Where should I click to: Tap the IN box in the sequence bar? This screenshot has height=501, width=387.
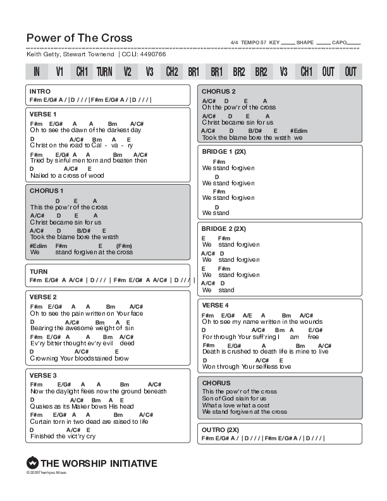[37, 71]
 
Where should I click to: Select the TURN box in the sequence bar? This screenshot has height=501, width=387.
[104, 71]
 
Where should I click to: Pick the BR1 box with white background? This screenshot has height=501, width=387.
[194, 71]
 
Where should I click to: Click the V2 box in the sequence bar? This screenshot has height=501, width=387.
[127, 71]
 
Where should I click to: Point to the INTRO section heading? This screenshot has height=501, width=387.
[40, 92]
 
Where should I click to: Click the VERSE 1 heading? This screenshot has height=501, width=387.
[43, 114]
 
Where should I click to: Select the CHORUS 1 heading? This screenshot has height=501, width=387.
[46, 190]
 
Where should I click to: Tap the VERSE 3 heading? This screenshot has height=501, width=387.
[43, 375]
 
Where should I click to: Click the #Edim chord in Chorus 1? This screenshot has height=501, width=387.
[39, 245]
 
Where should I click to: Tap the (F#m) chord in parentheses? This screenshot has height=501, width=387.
[124, 245]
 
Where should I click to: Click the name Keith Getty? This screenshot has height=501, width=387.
[42, 55]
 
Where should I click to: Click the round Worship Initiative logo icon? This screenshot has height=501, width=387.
[32, 463]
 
